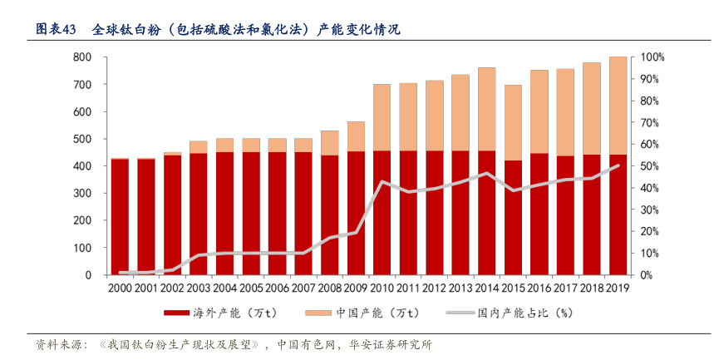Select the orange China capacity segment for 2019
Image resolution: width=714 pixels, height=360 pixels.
tap(618, 106)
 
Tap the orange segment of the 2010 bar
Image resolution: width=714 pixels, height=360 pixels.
tap(382, 117)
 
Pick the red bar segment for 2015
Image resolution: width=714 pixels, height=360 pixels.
tap(513, 218)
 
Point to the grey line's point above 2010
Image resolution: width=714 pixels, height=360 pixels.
tap(382, 181)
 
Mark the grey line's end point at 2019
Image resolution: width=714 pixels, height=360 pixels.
tap(618, 165)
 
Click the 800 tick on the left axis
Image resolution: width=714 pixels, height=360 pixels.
tap(81, 57)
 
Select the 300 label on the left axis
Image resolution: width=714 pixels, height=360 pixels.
tap(81, 193)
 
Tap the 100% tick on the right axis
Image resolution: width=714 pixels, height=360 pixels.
tap(651, 57)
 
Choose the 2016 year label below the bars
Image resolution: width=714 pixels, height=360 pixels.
tap(539, 287)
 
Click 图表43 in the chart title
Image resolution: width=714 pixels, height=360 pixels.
tap(56, 30)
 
